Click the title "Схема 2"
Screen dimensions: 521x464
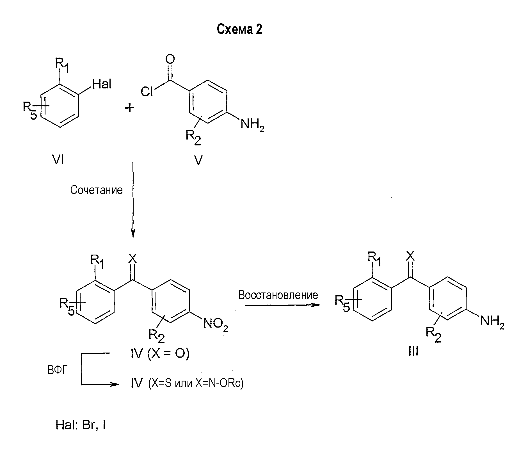[239, 29]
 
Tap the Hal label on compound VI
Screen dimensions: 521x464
[102, 84]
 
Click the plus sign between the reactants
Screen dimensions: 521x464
[130, 108]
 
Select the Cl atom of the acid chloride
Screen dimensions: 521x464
[147, 91]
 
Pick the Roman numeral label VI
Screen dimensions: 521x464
[58, 160]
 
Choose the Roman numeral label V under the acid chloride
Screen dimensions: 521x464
[198, 160]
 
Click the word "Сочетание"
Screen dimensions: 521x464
[96, 190]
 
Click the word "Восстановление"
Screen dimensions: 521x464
[278, 295]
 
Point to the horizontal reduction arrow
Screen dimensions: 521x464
[282, 305]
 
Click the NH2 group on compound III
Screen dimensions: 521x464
[492, 321]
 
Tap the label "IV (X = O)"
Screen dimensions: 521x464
[160, 354]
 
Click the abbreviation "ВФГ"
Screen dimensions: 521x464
[57, 371]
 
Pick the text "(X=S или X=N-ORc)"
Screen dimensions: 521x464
[196, 383]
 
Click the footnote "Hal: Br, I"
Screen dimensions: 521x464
[81, 425]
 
